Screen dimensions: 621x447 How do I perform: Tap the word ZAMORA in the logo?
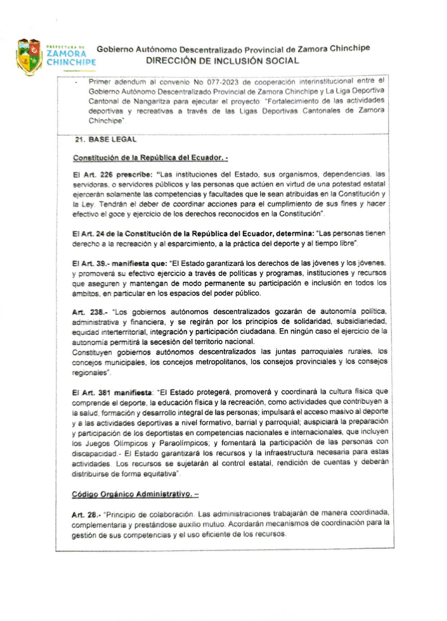67,53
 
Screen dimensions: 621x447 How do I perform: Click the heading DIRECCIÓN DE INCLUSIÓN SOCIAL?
222,61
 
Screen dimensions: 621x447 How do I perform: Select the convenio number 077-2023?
223,82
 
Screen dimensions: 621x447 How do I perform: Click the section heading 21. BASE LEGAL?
106,140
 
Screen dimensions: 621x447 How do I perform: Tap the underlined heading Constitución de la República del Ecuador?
150,158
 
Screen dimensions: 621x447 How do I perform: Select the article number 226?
106,175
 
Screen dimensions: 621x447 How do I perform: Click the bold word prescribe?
135,175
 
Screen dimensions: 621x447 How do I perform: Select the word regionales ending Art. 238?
90,373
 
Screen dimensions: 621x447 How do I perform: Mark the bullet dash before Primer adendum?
76,83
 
